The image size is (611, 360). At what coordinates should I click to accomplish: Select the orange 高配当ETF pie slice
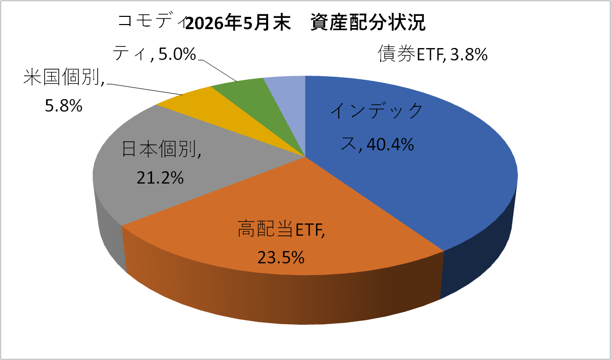coord(280,218)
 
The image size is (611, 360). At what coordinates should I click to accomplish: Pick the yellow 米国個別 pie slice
coord(218,109)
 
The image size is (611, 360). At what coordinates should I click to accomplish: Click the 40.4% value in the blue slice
coord(390,145)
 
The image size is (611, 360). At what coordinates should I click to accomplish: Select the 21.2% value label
coord(160,178)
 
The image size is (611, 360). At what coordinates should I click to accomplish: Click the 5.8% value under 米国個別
coord(63,105)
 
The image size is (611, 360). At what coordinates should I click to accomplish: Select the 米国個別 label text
coord(64,77)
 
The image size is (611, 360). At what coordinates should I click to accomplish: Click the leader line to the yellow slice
coord(145,89)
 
